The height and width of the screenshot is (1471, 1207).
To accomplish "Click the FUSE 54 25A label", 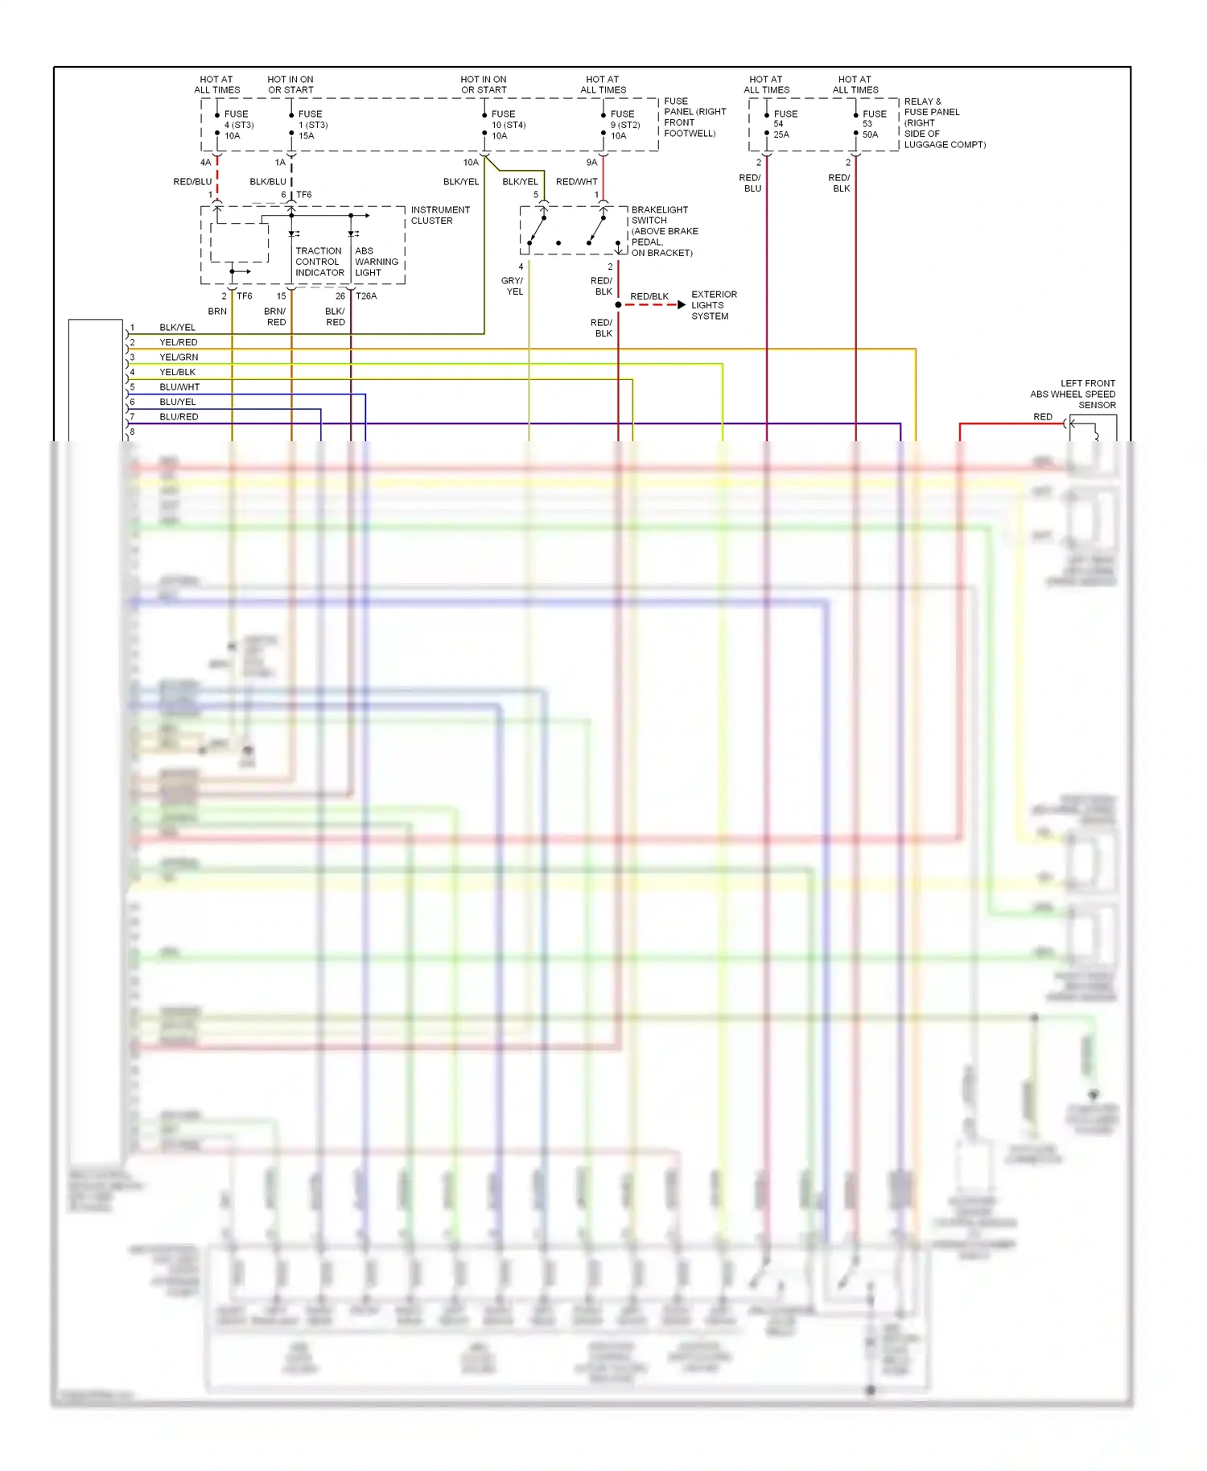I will (785, 124).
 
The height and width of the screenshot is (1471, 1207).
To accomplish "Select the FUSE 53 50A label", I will (873, 124).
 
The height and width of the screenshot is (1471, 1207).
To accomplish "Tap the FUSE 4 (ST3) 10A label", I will (237, 125).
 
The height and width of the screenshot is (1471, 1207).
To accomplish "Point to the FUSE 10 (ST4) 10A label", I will (508, 125).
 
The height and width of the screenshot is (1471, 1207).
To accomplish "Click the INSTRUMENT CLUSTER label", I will (439, 215).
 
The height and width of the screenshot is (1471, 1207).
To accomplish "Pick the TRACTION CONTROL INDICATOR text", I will (319, 262).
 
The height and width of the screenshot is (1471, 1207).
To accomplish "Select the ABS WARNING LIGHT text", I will (376, 262).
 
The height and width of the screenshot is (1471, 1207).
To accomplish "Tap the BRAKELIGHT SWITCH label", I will (659, 215).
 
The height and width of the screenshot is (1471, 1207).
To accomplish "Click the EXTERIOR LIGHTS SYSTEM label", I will (713, 305).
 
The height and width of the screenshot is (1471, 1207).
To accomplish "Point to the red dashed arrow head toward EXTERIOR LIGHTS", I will (682, 305).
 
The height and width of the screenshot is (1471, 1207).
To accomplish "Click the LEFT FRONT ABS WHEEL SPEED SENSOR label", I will (1073, 394).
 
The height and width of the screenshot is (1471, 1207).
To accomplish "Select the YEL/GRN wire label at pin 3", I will (179, 357).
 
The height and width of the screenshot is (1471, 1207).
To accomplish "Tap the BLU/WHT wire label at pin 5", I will (179, 387).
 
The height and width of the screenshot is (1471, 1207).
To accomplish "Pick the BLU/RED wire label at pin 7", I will (179, 417).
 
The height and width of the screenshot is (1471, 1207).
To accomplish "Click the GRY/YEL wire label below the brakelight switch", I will (513, 286).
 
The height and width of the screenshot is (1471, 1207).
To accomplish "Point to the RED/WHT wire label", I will (576, 182).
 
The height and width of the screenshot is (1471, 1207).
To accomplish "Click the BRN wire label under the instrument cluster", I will (217, 312).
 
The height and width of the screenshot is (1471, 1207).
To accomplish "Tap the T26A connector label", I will (366, 296).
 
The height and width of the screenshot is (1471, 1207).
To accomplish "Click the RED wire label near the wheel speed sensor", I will (1042, 417).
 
